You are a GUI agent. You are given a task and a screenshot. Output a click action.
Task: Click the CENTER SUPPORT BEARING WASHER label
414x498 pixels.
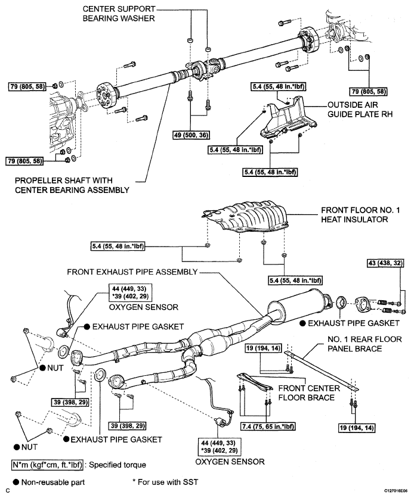point(120,14)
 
